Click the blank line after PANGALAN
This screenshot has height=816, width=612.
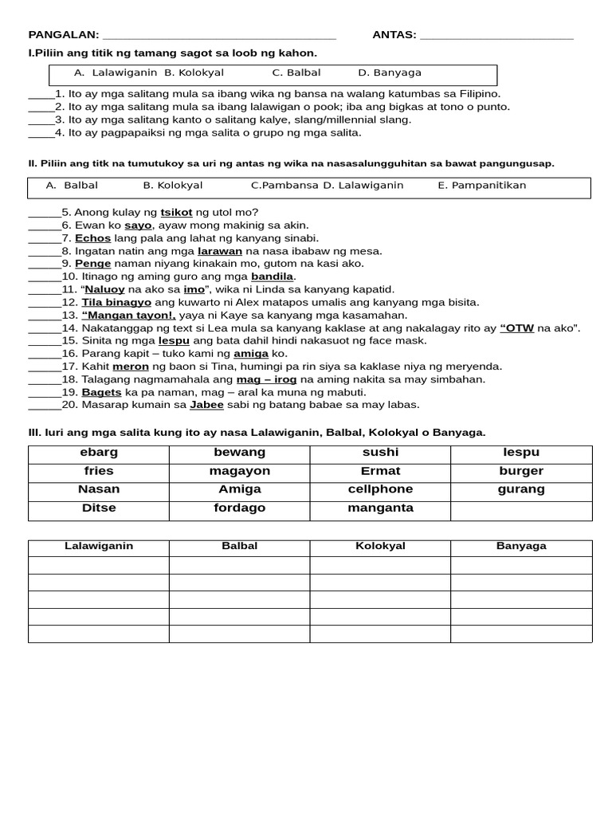pos(219,36)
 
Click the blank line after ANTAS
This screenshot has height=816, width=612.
pos(496,36)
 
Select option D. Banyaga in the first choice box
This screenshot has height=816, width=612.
pos(390,73)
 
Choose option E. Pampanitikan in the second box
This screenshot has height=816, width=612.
pos(482,186)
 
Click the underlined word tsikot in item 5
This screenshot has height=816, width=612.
pos(176,213)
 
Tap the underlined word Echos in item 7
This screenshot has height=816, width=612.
pos(92,238)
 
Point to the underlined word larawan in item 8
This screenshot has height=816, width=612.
pos(220,251)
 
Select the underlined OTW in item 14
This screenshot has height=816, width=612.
pos(517,328)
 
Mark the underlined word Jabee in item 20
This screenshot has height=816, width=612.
pos(206,405)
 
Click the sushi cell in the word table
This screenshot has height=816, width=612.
pos(380,453)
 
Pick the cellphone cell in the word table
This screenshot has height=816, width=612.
pos(380,489)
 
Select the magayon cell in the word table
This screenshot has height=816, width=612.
pos(239,471)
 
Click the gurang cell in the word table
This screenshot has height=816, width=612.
pos(521,489)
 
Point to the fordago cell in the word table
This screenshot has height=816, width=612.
pos(239,508)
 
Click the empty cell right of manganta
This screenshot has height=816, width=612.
pos(521,510)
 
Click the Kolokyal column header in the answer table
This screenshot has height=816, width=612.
pos(380,547)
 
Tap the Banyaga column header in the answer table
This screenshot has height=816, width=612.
pos(521,547)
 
